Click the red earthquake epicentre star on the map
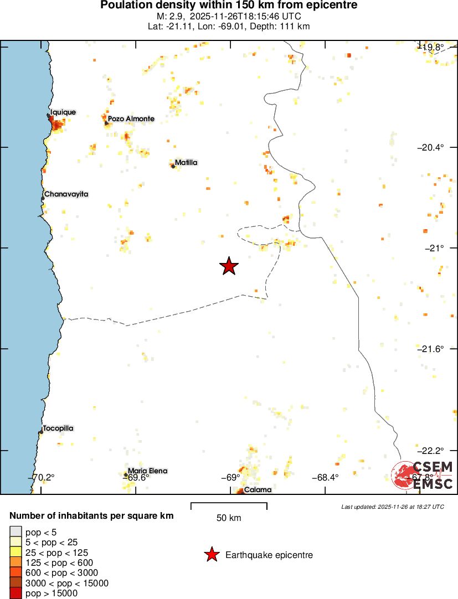point(229,266)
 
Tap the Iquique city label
point(63,112)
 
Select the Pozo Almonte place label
point(131,119)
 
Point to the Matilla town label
point(186,163)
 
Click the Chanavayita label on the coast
point(66,194)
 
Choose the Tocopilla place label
point(58,428)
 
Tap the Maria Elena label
point(147,471)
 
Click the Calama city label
point(258,490)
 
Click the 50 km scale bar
point(229,506)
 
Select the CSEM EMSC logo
point(423,475)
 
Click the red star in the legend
point(212,555)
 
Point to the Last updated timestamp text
point(393,507)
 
